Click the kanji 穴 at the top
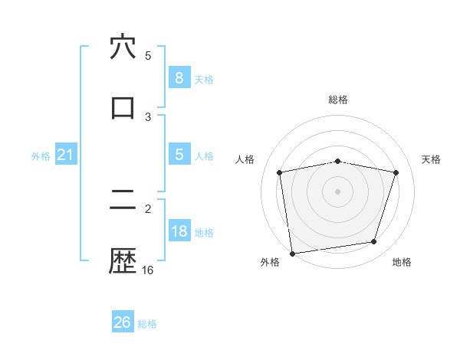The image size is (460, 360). (x=123, y=47)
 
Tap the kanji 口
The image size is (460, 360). (x=123, y=107)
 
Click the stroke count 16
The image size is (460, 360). (x=148, y=270)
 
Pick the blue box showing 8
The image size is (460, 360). (x=179, y=77)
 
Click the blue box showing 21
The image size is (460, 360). (x=66, y=155)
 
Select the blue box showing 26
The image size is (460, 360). (x=123, y=322)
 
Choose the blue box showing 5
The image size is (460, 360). (x=179, y=155)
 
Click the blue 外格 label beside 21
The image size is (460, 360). (x=41, y=156)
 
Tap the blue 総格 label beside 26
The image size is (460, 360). (x=147, y=323)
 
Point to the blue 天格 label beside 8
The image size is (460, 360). (x=204, y=79)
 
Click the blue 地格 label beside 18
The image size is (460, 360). (x=204, y=233)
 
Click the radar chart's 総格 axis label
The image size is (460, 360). (x=338, y=100)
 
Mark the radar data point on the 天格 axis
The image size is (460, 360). (x=396, y=172)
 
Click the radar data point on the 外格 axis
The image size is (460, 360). (x=292, y=253)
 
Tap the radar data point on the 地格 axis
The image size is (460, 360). (x=374, y=242)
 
